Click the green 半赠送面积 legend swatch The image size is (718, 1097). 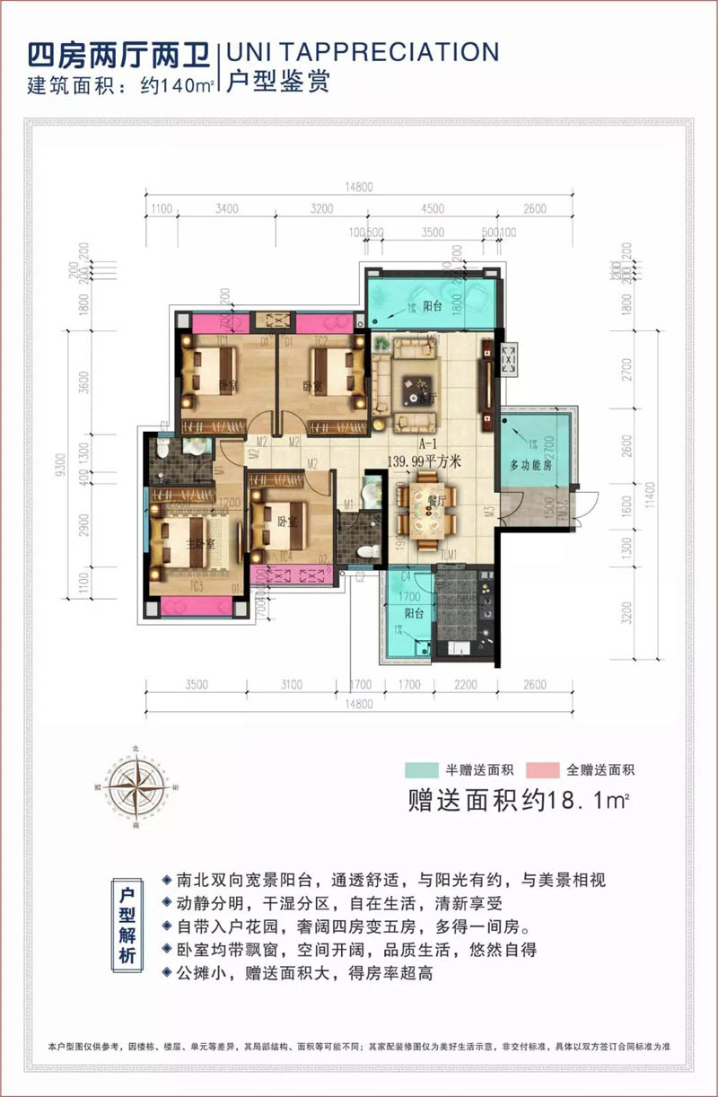[420, 770]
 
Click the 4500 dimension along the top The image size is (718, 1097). [433, 209]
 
